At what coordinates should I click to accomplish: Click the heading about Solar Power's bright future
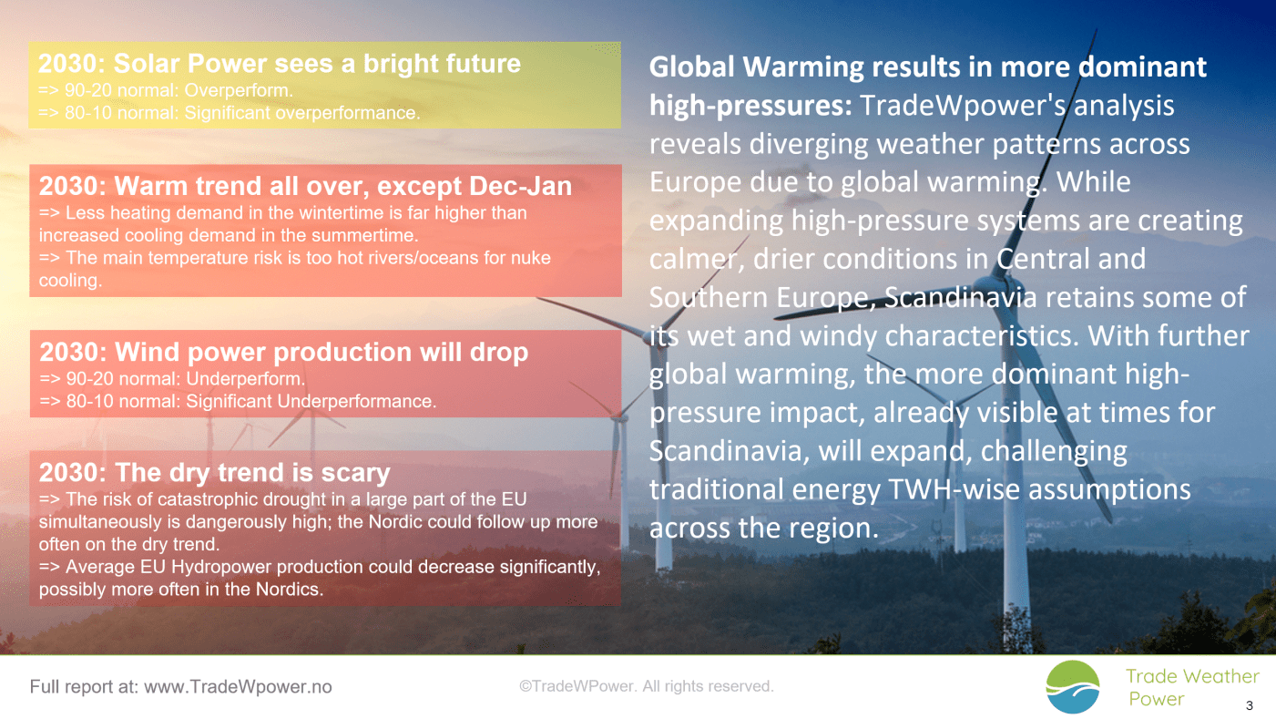tap(280, 64)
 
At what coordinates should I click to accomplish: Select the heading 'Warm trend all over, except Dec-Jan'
tap(305, 187)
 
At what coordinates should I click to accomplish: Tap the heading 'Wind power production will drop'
tap(283, 352)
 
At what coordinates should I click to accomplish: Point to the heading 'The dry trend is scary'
tap(214, 473)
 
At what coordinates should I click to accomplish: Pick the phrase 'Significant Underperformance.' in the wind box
tap(311, 401)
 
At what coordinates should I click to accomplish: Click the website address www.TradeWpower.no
tap(238, 687)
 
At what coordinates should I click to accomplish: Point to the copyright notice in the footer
tap(646, 686)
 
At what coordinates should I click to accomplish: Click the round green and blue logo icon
tap(1073, 687)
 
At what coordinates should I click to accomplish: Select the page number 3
tap(1249, 705)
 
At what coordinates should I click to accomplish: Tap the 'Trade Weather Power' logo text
tap(1191, 687)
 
